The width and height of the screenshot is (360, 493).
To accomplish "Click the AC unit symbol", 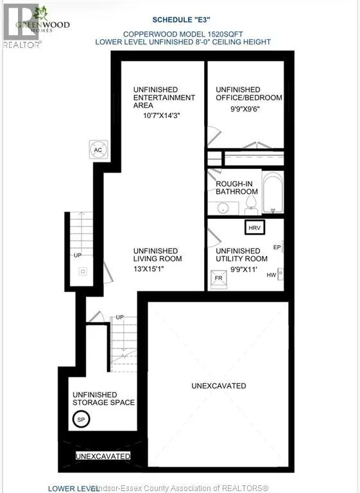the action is click(x=98, y=150).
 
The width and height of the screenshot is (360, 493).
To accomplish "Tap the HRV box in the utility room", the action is click(x=255, y=227).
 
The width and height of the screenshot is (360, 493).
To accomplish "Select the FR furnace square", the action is click(x=219, y=279).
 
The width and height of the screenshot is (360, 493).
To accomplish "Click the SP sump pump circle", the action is click(x=81, y=419).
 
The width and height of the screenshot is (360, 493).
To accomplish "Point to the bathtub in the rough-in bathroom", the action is click(x=273, y=192).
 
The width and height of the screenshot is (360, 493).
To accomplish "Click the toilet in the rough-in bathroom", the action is click(x=251, y=205).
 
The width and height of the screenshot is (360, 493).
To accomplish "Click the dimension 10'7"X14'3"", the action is click(x=161, y=116).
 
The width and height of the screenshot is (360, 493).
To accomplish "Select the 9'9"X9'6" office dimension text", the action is click(x=244, y=109).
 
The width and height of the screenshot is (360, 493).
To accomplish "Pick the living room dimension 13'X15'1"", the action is click(x=149, y=269).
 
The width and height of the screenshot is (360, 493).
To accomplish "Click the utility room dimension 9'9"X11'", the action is click(x=244, y=269).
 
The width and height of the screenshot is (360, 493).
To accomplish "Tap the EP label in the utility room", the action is click(x=277, y=247).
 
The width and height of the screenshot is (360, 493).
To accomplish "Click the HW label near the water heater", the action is click(x=271, y=275).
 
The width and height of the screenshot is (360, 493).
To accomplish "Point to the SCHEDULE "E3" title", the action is click(x=181, y=20).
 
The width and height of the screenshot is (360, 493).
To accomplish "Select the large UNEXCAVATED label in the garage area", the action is click(x=219, y=386).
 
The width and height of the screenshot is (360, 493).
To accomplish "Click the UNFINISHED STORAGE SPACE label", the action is click(x=103, y=399).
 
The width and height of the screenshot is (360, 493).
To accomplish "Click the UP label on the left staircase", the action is click(x=78, y=255).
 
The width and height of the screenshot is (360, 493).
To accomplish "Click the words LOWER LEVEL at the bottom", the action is click(x=73, y=489).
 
